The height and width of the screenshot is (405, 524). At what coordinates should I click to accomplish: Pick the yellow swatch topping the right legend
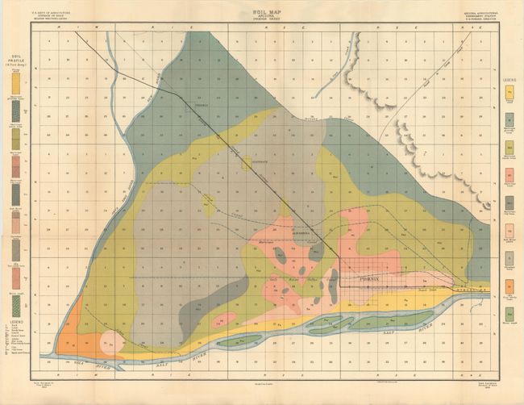(x=509, y=93)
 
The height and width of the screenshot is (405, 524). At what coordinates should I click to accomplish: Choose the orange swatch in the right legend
(x=509, y=287)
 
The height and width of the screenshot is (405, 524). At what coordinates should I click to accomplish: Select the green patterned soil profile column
(x=15, y=194)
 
